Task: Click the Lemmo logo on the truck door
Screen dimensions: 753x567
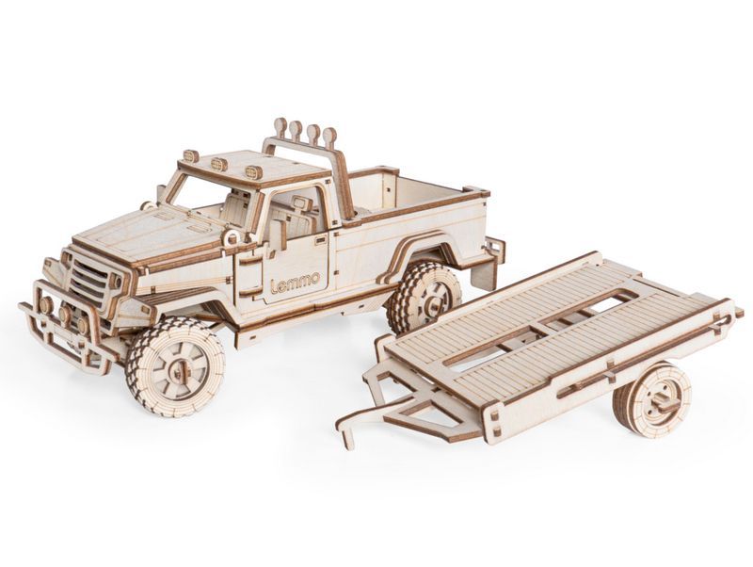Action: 295,283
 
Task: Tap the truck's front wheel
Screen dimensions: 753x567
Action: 175,365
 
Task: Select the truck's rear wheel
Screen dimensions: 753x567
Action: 424,299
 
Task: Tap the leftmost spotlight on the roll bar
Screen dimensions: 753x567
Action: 280,127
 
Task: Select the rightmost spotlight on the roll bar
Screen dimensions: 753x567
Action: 329,138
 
